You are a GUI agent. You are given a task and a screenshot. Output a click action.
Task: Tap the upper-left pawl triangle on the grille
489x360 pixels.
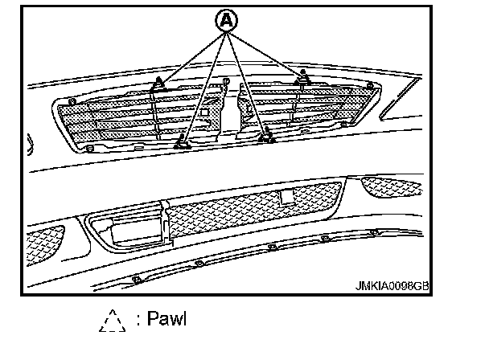point(158,81)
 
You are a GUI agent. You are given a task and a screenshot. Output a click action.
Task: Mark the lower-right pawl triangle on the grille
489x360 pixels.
point(266,136)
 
